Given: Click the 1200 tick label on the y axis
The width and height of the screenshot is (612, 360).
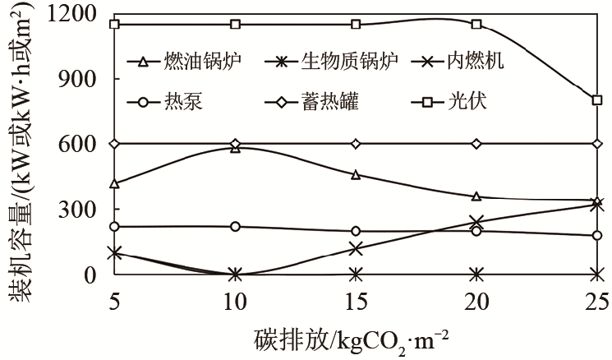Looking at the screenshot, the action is click(71, 13).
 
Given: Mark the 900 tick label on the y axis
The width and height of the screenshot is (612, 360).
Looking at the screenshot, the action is click(77, 79).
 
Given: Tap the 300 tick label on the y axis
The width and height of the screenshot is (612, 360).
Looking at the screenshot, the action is click(77, 210).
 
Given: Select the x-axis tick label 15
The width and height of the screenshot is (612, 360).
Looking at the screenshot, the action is click(356, 302).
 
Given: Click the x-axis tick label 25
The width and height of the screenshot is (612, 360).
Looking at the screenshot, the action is click(596, 302).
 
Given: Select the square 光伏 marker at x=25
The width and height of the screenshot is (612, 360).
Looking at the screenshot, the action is click(596, 100).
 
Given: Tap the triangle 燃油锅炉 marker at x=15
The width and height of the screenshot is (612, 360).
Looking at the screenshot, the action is click(356, 175).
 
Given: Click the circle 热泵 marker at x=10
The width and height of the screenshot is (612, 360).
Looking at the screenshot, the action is click(235, 227).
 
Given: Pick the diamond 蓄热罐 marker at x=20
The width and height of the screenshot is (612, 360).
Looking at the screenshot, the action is click(476, 144).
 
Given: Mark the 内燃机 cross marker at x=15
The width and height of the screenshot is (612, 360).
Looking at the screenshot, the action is click(356, 249).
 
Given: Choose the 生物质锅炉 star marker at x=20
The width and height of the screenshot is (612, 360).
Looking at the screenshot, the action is click(476, 275).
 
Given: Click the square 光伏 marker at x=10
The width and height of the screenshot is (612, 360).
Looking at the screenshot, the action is click(235, 25).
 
